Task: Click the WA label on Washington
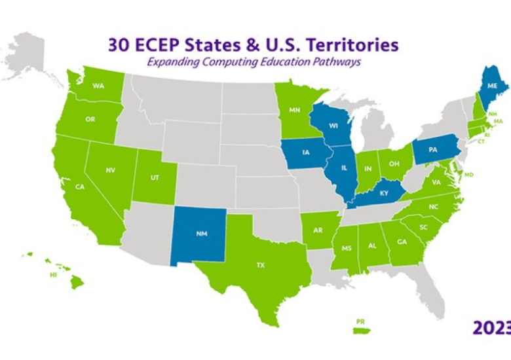[x=99, y=86]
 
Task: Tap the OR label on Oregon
[x=90, y=119]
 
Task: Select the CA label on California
[x=80, y=187]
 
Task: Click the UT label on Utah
[x=155, y=177]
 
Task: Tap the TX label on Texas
[x=260, y=265]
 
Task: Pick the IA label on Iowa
[x=306, y=155]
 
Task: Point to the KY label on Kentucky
[x=383, y=193]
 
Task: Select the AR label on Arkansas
[x=318, y=230]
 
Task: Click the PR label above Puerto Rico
[x=360, y=321]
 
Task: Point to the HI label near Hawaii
[x=53, y=276]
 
